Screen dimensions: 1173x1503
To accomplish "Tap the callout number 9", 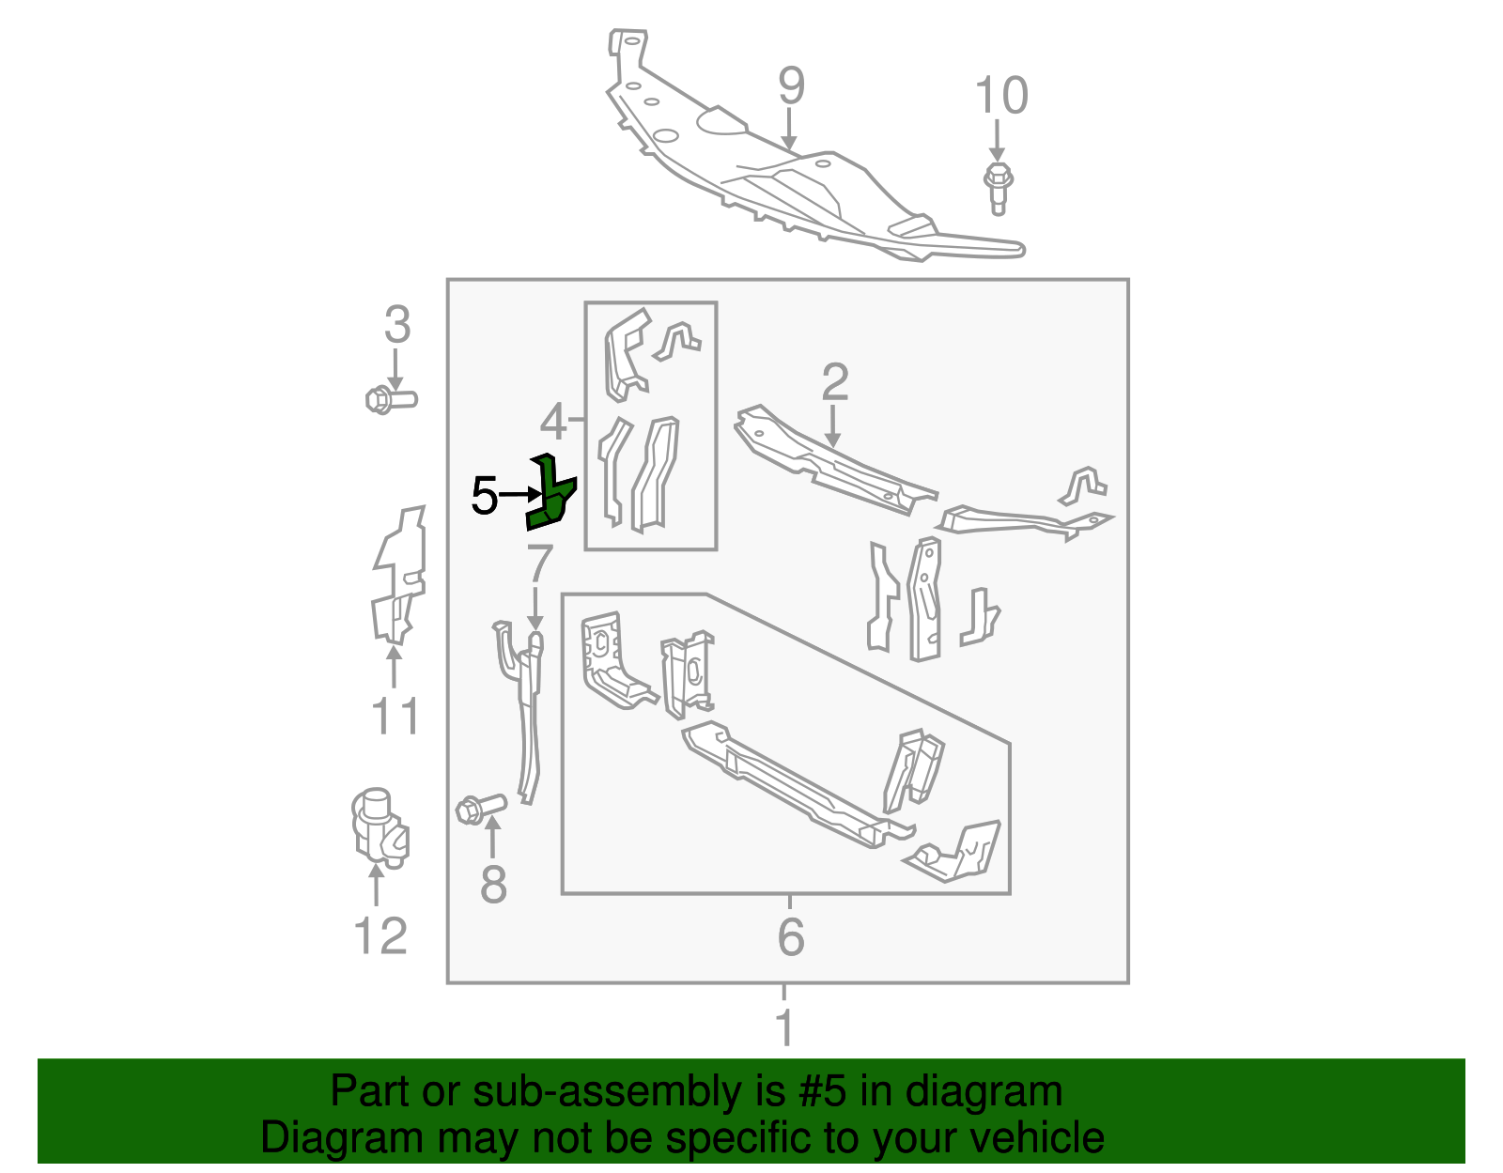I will [x=791, y=86].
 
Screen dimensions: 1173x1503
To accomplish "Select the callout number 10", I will [x=1001, y=96].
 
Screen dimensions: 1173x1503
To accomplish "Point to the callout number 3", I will [x=397, y=325].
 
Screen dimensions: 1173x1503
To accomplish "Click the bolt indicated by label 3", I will [x=389, y=400].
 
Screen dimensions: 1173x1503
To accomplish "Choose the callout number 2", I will [x=834, y=382].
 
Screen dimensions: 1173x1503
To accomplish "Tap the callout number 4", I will [x=553, y=423].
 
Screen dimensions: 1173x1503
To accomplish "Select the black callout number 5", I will [x=484, y=496].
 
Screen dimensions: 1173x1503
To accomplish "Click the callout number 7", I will [x=539, y=563].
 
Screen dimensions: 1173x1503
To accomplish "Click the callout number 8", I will [x=493, y=885].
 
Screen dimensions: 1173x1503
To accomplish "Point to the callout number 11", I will [x=395, y=717].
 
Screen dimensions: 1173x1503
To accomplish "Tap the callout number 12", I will [x=380, y=935].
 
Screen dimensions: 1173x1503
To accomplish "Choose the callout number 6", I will [x=791, y=936].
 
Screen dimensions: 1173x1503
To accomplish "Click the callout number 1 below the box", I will [x=785, y=1027].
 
